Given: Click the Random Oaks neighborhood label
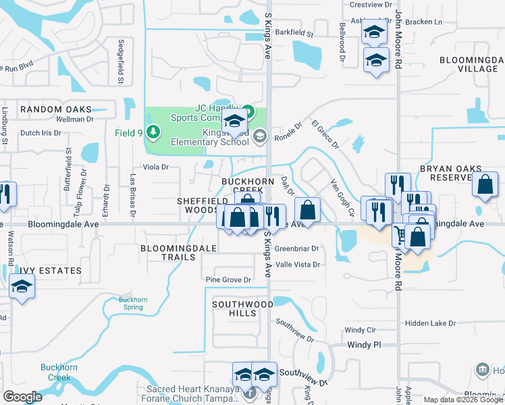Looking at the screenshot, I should pos(56,109).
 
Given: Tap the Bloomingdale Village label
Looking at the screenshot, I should pos(468,64).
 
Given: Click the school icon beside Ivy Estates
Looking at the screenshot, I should pos(22,288).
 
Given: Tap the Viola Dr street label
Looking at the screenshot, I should pos(155,167).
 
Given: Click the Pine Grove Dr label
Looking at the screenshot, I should pos(229,279).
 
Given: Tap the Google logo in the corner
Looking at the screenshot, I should pos(23,397).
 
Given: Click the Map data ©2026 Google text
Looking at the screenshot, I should pos(463,400).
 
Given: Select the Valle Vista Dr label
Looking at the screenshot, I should pos(298,265).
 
